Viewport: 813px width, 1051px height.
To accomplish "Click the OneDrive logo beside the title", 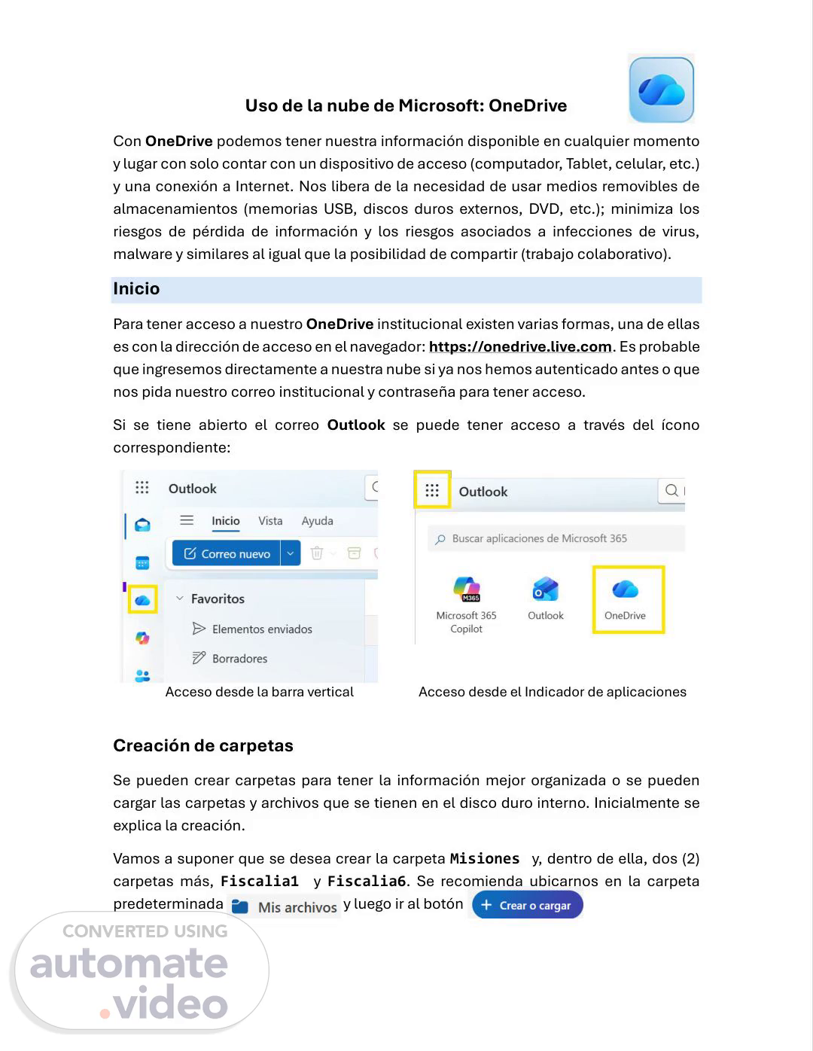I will click(x=661, y=90).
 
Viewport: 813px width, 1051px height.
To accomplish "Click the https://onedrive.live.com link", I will click(x=520, y=347).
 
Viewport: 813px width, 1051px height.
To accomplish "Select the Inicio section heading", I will click(x=136, y=289).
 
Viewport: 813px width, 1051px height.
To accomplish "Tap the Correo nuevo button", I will click(x=227, y=553).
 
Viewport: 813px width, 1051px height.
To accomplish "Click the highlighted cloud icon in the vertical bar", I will click(x=142, y=599).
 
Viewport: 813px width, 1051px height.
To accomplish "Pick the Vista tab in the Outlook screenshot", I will click(x=270, y=521).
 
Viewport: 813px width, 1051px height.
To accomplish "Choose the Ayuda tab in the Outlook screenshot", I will click(x=317, y=521).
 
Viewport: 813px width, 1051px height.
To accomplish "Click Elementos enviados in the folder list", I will click(x=261, y=629).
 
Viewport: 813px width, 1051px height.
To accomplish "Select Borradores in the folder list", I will click(x=239, y=659).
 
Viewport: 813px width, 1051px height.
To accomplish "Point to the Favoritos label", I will click(x=218, y=599).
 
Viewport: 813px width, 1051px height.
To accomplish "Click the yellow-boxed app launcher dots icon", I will click(x=432, y=490).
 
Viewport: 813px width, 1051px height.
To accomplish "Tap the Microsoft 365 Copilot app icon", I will click(x=467, y=589).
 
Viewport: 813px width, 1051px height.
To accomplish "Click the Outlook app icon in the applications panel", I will click(x=546, y=589).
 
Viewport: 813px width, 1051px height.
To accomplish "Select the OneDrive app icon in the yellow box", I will click(x=626, y=589).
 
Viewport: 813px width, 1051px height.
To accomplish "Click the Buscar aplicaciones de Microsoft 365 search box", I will click(x=557, y=539).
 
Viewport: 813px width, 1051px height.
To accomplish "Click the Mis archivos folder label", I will click(x=297, y=907).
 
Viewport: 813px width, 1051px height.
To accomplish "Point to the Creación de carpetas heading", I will click(x=203, y=746).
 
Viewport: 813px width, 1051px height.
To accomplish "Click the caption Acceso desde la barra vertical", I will click(x=259, y=692).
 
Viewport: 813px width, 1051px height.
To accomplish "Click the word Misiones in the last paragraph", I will click(x=485, y=859).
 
